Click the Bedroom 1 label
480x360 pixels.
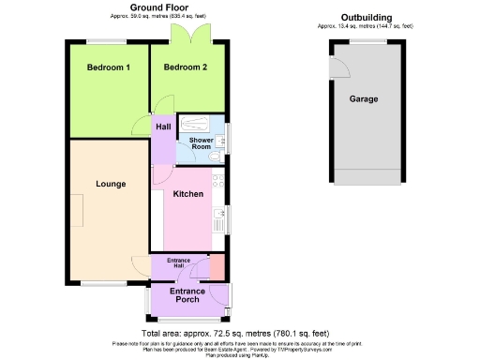point(109,67)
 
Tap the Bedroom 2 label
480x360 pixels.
point(185,67)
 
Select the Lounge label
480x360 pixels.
point(110,185)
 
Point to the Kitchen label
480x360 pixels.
point(188,194)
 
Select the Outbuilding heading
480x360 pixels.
point(365,19)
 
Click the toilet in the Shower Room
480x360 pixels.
point(215,158)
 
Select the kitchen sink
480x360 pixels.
point(218,220)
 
